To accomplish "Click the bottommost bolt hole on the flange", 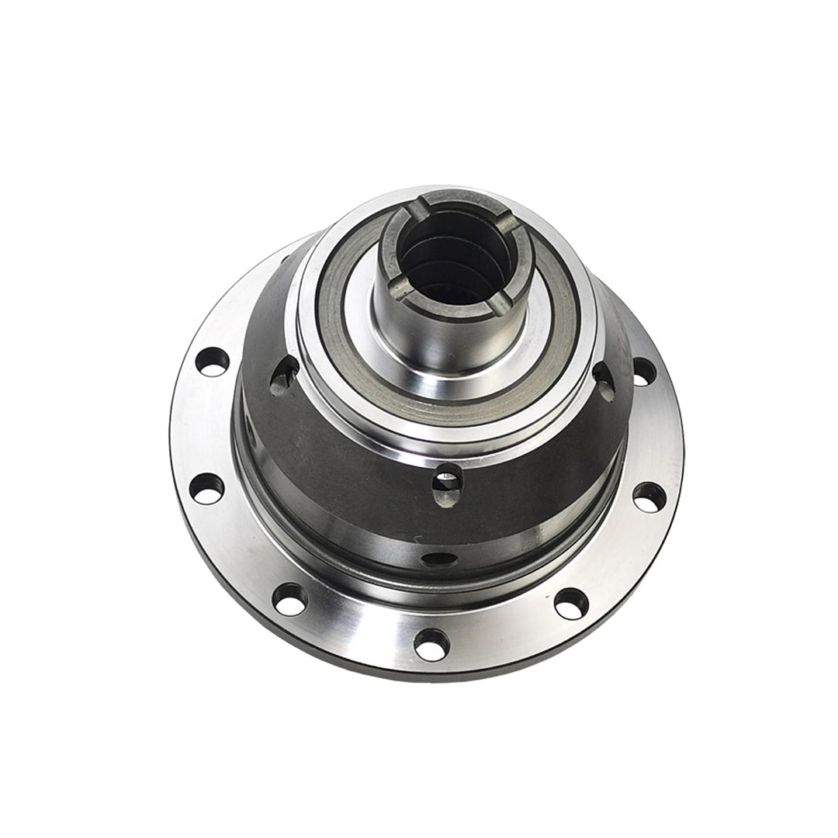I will click(431, 643).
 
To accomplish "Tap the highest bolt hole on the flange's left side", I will click(213, 362).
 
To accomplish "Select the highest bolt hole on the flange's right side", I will click(643, 372).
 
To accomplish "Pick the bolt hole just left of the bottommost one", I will click(290, 599).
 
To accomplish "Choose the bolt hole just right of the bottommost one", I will click(571, 603).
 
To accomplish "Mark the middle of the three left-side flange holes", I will click(207, 488).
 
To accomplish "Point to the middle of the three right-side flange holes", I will click(649, 497).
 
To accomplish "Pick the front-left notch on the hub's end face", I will click(400, 289).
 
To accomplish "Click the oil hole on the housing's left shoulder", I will click(284, 373).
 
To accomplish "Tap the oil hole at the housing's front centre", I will click(447, 484).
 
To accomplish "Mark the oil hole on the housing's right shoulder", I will click(604, 380).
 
